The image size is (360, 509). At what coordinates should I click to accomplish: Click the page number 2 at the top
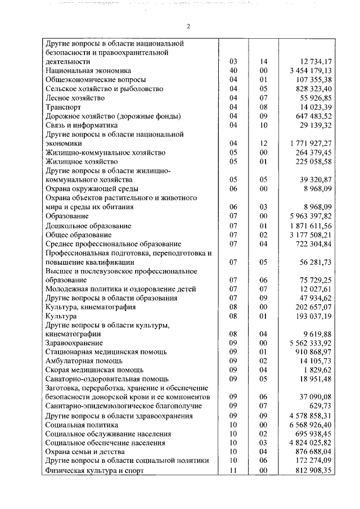[189, 26]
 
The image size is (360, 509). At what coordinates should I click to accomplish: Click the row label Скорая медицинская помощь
[94, 370]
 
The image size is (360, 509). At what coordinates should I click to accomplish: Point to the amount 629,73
[319, 406]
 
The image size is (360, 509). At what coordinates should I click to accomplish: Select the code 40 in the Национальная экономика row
[234, 70]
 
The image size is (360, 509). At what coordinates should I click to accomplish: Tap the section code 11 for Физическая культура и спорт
[234, 470]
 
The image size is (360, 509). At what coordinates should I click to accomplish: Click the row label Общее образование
[78, 235]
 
